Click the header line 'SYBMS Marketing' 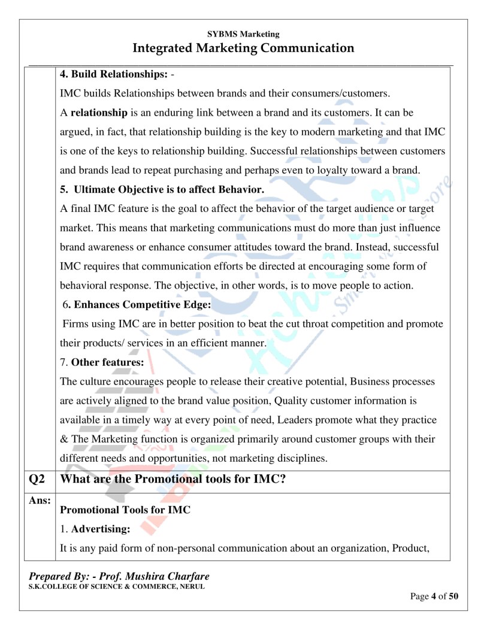click(243, 35)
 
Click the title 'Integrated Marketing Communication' click(243, 48)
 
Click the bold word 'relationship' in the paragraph click(99, 113)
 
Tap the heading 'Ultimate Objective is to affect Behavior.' click(169, 190)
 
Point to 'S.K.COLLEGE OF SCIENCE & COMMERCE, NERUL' click(117, 586)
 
